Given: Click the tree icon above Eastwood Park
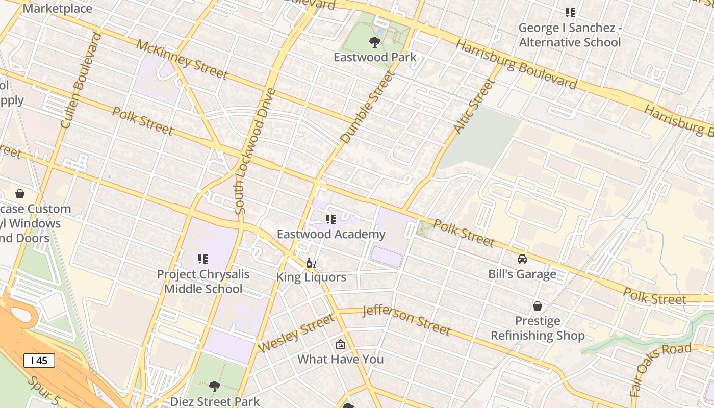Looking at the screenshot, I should (x=375, y=42).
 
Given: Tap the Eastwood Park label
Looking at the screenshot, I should (x=375, y=57).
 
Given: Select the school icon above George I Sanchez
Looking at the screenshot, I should (x=570, y=13).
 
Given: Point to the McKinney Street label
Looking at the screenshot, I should (x=182, y=60).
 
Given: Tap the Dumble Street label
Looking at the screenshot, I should (x=368, y=108).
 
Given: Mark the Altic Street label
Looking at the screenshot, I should (x=474, y=107).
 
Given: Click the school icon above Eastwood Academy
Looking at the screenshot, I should (x=330, y=219).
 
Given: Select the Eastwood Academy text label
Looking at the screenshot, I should (x=330, y=234).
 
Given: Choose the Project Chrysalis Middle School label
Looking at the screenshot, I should (x=203, y=282).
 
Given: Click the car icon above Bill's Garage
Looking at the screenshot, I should (x=522, y=259).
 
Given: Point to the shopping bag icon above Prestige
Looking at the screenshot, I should (x=537, y=306).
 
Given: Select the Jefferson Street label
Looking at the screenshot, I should (x=406, y=320).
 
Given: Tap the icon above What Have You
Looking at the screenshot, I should (x=341, y=345).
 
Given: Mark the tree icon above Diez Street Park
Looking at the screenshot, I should (x=215, y=387).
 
